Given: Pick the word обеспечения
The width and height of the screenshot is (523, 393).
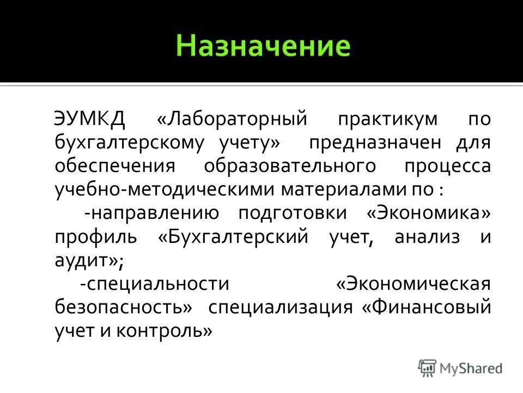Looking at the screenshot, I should (x=115, y=166).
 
